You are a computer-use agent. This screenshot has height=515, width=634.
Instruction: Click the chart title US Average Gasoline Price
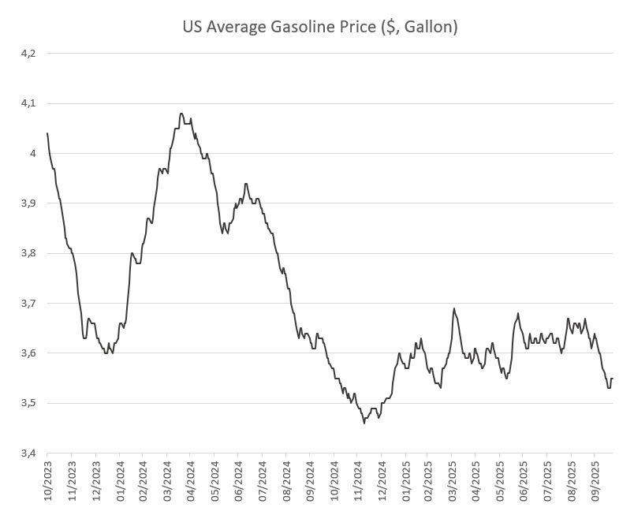coord(319,27)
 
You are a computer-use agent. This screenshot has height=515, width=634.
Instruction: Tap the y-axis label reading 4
coord(33,153)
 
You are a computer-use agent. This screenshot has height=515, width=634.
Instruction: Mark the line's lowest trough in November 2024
coord(364,423)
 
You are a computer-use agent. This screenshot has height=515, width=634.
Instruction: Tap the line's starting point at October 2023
coord(48,133)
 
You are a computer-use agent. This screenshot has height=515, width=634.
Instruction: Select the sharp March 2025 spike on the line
coord(454,308)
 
